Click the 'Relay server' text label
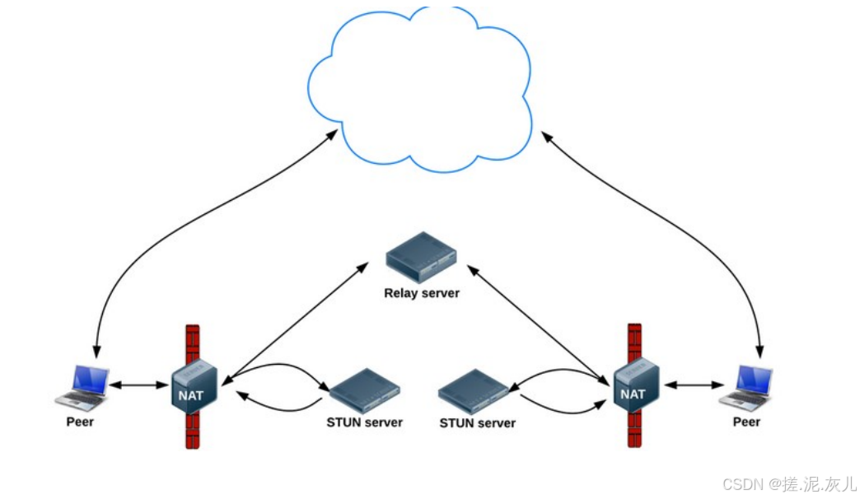click(421, 293)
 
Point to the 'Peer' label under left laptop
click(80, 422)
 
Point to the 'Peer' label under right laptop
click(746, 422)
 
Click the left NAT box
click(194, 385)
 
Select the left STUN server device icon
click(364, 389)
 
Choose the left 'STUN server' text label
click(364, 422)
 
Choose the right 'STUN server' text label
click(477, 423)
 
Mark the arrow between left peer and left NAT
click(139, 385)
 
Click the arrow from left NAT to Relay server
click(297, 321)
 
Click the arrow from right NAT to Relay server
click(540, 321)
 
